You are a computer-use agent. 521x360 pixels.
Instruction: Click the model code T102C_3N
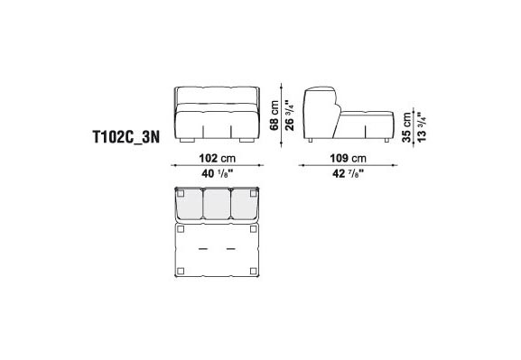126,137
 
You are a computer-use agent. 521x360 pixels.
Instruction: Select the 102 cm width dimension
218,158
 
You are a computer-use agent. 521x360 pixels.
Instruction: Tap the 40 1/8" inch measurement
218,173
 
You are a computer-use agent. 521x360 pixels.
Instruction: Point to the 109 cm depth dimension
348,158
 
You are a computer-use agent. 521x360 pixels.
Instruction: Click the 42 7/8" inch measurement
348,173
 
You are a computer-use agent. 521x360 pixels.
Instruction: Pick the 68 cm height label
274,115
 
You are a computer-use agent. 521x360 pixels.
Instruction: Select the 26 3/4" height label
290,115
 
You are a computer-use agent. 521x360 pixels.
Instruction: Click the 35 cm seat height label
406,127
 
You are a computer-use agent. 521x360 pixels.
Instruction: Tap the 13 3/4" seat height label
422,127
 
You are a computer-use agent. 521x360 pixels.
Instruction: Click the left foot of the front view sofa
187,141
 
